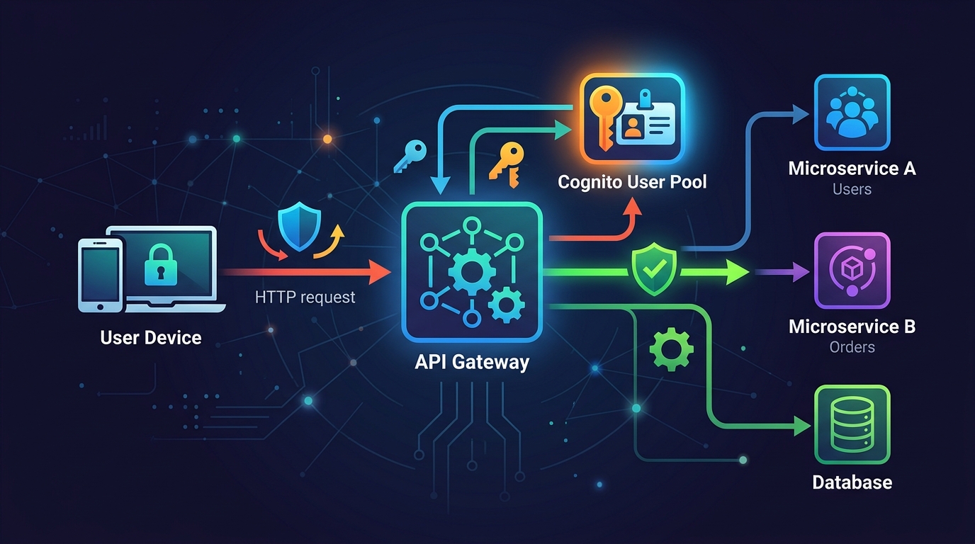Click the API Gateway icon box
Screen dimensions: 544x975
[471, 272]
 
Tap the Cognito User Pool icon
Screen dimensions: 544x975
[632, 119]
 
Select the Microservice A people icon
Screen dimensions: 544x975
[852, 113]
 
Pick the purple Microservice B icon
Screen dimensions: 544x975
[852, 271]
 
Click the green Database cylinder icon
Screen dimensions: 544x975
[852, 424]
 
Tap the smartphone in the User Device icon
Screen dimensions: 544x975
[99, 275]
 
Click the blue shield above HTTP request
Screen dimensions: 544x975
[296, 227]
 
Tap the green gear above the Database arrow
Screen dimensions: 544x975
[670, 349]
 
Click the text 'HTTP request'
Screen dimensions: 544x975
[305, 297]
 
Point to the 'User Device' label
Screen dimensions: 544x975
[151, 337]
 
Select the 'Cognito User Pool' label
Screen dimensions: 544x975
[632, 182]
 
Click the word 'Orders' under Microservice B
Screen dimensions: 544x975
[852, 347]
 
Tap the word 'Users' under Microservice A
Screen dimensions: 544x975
[852, 189]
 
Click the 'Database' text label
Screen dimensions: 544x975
[852, 483]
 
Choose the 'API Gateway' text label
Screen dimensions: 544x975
[471, 362]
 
